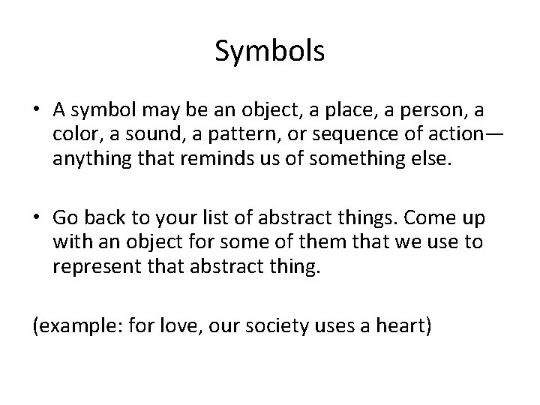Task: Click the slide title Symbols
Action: pos(269,51)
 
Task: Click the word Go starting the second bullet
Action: pos(65,219)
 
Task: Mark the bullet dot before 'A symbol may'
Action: pos(37,111)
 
